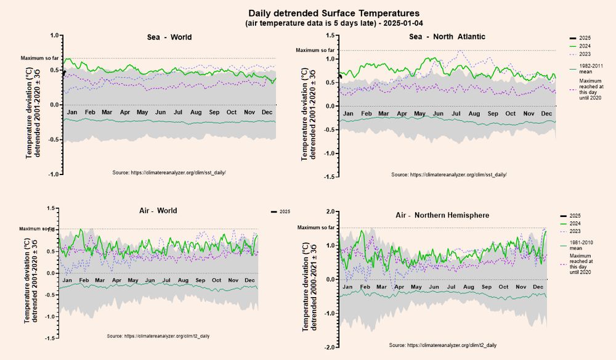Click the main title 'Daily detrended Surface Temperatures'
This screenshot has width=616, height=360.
(333, 12)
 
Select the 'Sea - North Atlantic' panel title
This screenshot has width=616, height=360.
(447, 36)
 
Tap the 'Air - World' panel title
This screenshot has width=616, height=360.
(158, 211)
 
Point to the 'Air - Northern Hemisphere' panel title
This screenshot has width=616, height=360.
(442, 215)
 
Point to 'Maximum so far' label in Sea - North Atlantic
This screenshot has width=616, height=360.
(315, 51)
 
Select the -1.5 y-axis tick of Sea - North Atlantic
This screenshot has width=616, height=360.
(330, 177)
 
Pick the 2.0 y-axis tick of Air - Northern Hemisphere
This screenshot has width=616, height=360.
(330, 212)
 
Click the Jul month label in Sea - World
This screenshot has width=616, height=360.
(179, 113)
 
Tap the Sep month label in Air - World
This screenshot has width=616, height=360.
(201, 280)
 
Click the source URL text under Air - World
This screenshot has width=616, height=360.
(158, 336)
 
